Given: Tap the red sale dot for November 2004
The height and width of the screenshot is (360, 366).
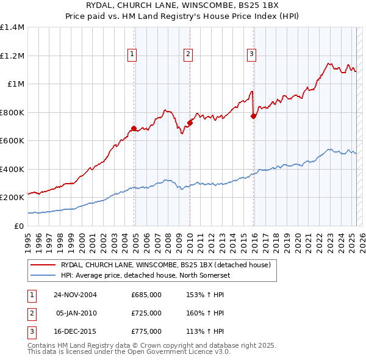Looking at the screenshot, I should point(134,129).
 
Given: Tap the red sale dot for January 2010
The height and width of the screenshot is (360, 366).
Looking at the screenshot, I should point(190,123).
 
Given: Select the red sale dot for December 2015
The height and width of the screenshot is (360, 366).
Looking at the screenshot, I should point(254,116).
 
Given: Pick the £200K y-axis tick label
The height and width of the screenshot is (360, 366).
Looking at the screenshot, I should point(12,198).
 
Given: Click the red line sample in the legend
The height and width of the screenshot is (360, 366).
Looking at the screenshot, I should point(43,264).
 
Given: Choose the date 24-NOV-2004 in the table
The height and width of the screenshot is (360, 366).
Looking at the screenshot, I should point(75,295).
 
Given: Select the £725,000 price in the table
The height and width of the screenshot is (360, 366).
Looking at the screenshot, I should point(146,313).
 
